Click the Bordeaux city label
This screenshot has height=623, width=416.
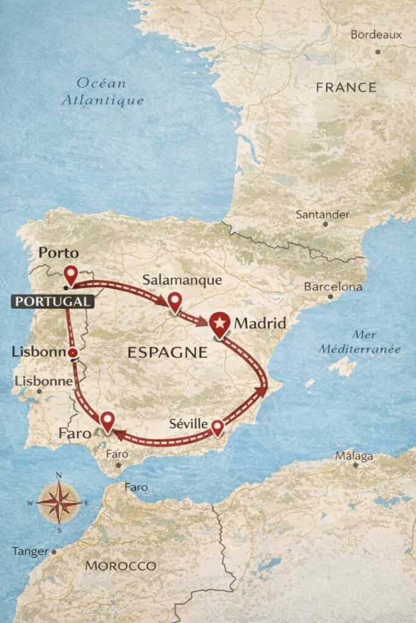376,35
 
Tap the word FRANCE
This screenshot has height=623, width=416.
346,88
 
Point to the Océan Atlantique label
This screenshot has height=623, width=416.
102,92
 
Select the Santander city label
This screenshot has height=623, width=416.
322,214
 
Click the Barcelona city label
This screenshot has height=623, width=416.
333,287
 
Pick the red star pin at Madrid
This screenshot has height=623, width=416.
219,324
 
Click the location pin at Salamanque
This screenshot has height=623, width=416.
175,301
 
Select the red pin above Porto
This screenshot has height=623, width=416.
71,274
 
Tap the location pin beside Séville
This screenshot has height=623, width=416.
217,428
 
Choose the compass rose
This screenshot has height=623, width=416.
58,503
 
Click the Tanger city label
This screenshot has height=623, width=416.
29,551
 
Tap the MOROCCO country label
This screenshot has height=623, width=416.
121,566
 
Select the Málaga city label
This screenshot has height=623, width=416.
354,456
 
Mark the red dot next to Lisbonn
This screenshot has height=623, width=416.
72,353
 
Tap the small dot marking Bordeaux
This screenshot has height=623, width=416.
378,52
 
